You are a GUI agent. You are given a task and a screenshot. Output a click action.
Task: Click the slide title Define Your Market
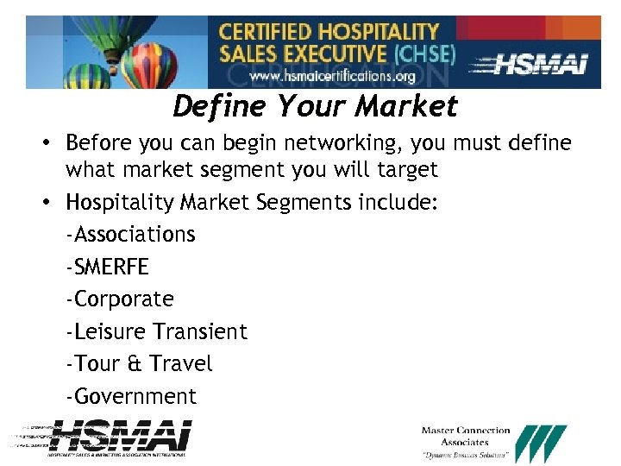(315, 107)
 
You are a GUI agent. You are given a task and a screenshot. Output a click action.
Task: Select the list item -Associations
(130, 235)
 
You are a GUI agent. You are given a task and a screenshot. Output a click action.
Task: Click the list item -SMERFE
(107, 267)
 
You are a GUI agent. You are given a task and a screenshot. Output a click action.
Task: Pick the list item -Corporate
(119, 299)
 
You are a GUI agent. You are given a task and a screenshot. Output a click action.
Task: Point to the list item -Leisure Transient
(156, 332)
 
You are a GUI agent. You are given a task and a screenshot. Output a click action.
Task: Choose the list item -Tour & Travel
(139, 364)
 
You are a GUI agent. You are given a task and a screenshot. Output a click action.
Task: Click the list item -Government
(130, 397)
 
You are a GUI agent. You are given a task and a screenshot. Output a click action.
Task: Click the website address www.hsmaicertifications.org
(332, 76)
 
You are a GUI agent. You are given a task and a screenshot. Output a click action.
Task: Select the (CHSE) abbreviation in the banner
(423, 54)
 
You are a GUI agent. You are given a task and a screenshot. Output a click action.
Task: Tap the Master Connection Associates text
(466, 436)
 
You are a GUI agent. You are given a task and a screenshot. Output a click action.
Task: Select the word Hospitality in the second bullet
(121, 203)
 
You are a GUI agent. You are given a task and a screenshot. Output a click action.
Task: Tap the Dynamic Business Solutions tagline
(466, 455)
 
